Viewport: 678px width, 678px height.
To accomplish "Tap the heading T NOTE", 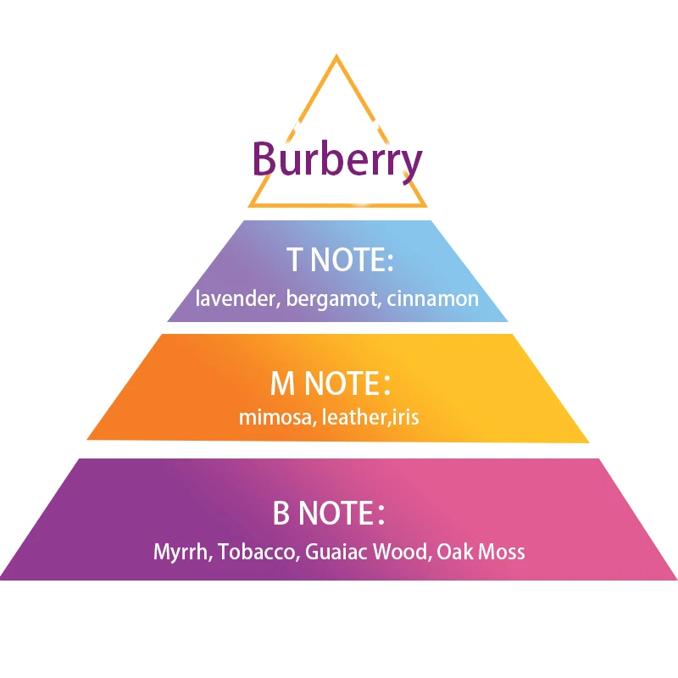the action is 340,260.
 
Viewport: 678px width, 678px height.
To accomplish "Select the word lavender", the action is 236,298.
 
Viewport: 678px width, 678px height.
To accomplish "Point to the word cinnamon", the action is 433,298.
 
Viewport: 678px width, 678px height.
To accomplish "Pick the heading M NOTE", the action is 331,383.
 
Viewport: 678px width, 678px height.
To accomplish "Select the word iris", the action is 406,417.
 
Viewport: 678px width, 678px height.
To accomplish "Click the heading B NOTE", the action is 329,513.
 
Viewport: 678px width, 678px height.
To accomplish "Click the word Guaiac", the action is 336,552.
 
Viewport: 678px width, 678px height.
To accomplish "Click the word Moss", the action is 502,552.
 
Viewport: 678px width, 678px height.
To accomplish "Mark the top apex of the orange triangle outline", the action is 336,55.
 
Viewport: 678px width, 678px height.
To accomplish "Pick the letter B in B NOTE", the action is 281,513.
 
